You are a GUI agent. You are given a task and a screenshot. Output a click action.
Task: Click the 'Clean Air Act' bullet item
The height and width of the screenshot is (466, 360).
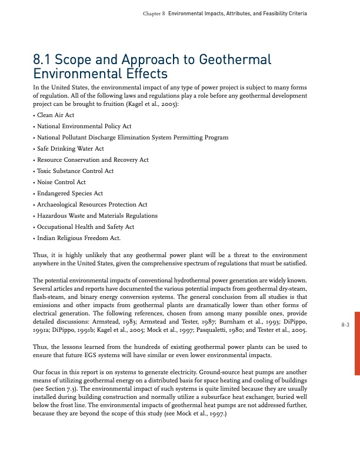pyautogui.click(x=56, y=115)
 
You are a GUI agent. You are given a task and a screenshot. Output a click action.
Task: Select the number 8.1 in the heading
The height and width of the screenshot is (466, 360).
pyautogui.click(x=45, y=60)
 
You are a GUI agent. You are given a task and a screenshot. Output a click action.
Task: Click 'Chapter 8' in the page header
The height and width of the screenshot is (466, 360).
pyautogui.click(x=154, y=13)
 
